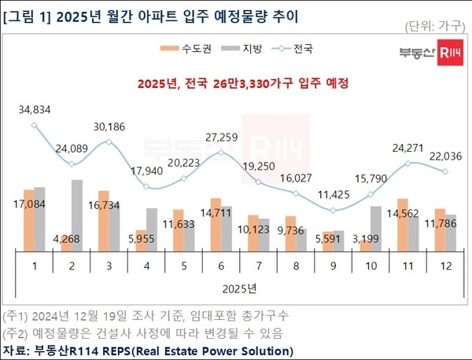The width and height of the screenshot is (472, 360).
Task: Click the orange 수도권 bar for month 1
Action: [29, 220]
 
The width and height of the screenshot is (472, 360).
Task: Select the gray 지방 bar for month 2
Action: [76, 215]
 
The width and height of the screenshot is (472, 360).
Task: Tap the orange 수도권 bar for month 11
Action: [402, 225]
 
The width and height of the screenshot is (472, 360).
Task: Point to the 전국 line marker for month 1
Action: [35, 124]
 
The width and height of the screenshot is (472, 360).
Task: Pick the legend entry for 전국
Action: [292, 50]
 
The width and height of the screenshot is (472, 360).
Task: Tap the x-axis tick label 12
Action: [444, 266]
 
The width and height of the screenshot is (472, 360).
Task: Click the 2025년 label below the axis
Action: [240, 288]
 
